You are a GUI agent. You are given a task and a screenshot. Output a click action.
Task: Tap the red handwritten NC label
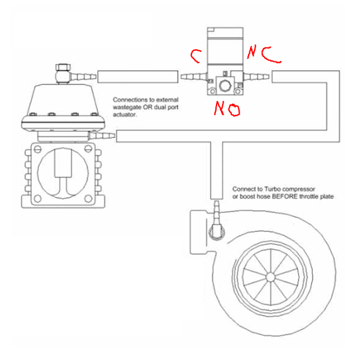pos(264,55)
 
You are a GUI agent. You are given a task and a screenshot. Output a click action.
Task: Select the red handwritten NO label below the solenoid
pos(227,109)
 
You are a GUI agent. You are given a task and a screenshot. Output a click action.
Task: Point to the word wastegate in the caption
pos(127,107)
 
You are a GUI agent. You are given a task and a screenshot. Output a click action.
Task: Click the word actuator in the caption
pos(125,115)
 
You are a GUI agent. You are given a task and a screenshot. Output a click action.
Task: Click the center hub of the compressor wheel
pos(270,277)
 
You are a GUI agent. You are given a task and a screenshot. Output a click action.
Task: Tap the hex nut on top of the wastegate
pos(63,68)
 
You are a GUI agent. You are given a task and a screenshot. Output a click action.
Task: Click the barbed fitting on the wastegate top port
pos(83,77)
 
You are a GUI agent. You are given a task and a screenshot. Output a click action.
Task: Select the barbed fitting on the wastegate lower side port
pos(102,135)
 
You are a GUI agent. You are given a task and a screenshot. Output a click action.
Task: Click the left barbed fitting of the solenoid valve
pos(194,77)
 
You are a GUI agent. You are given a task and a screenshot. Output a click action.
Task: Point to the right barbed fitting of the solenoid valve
pos(256,77)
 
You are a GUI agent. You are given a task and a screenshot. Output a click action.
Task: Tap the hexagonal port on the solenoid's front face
pos(225,86)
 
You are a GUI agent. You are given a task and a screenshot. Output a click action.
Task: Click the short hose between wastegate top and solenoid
pos(138,77)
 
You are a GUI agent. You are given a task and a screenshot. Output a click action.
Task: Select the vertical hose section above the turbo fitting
pos(217,171)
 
